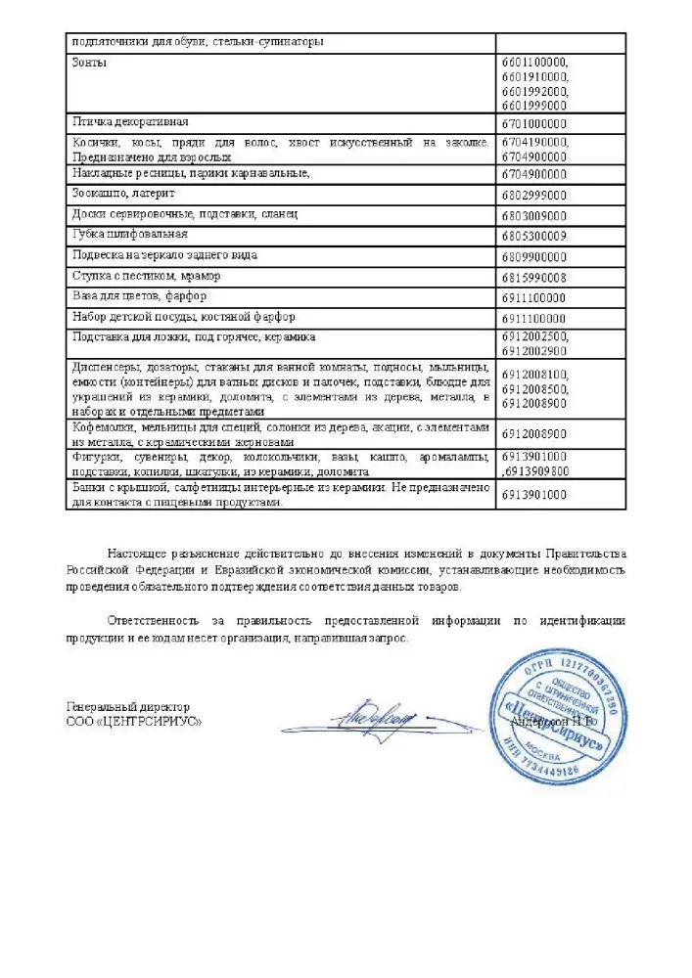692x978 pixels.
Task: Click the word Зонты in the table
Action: click(90, 63)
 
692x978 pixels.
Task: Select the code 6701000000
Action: click(533, 124)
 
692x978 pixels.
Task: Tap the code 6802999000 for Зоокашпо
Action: click(533, 195)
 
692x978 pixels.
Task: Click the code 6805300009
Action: click(533, 237)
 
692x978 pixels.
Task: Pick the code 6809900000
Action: click(533, 257)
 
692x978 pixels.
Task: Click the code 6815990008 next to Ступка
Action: click(533, 278)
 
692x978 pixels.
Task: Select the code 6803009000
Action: click(533, 215)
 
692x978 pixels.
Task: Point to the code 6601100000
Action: click(534, 63)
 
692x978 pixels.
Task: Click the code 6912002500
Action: click(534, 336)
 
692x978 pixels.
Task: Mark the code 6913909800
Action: click(536, 471)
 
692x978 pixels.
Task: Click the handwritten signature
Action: click(373, 721)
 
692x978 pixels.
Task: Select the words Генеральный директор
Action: click(128, 706)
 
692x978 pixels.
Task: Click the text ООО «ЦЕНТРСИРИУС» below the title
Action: click(134, 721)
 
